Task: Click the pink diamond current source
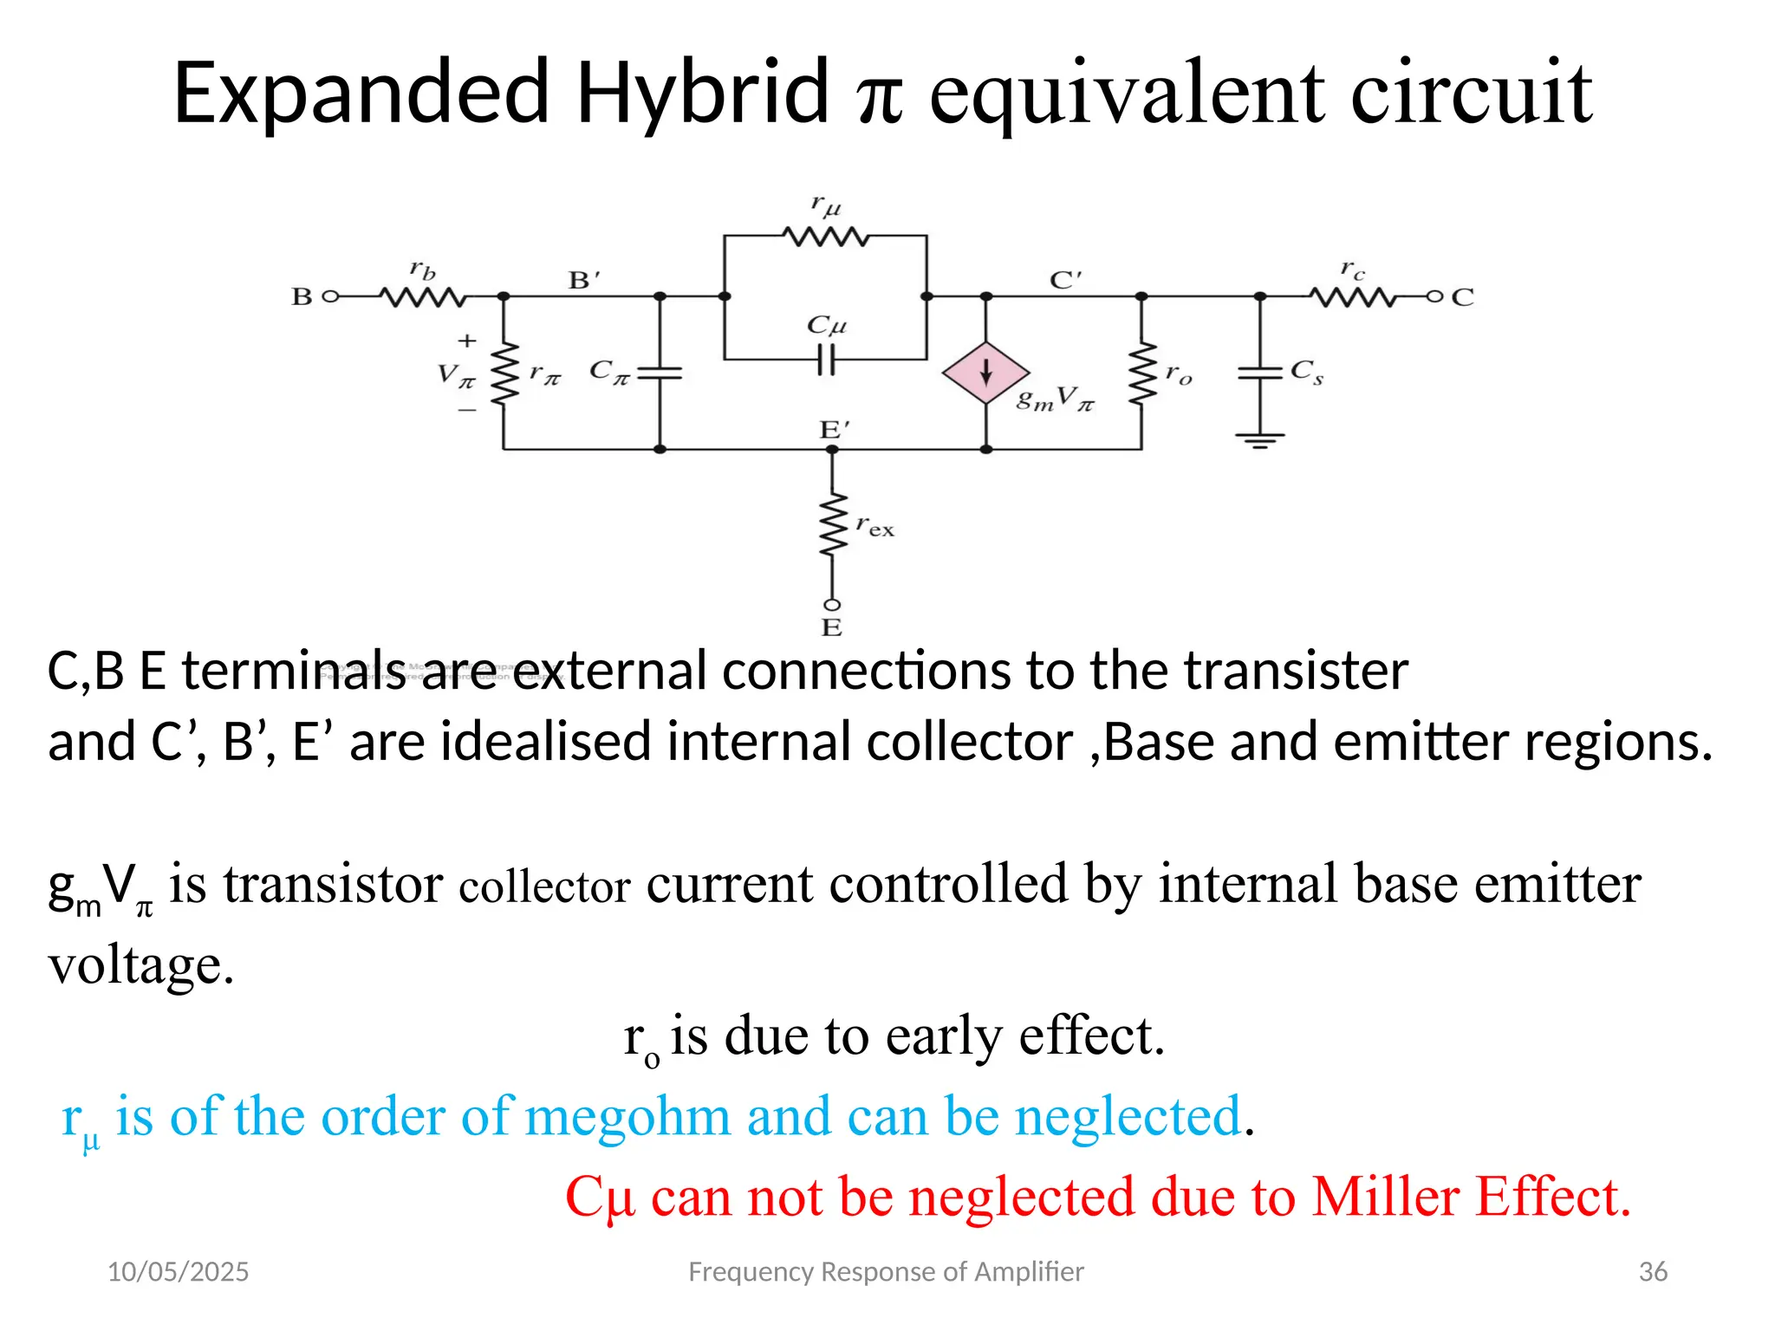point(985,373)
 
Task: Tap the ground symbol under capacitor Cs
point(1260,440)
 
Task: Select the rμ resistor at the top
point(825,236)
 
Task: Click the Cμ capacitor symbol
point(826,359)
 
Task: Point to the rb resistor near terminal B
point(423,297)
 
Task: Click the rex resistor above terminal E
point(832,524)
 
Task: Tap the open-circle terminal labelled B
point(328,296)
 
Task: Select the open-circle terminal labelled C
point(1434,296)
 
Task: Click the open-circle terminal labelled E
point(832,605)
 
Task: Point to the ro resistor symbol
point(1141,373)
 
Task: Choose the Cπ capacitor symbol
point(660,373)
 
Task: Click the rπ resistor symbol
point(504,373)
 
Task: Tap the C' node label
point(1065,280)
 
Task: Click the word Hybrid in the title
point(702,92)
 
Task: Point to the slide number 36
point(1653,1271)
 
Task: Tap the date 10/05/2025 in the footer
point(178,1271)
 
